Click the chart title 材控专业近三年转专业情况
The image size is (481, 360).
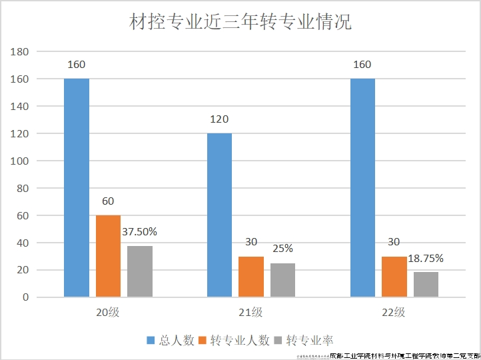coord(240,22)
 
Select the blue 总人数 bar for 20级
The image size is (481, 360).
coord(77,187)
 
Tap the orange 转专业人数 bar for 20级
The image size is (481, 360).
coord(109,256)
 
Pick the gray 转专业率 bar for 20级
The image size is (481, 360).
coord(140,271)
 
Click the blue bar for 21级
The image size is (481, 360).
coord(219,215)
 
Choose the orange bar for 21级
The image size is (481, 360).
coord(251,277)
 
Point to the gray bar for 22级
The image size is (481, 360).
coord(426,284)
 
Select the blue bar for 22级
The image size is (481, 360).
coord(362,187)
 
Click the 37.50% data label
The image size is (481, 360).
coord(140,232)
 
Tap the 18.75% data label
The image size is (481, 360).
coord(426,258)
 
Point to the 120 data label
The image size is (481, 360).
coord(219,120)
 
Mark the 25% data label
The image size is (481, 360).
coord(282,249)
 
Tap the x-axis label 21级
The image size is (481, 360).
coord(251,312)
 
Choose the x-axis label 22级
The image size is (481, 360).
coord(394,312)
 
